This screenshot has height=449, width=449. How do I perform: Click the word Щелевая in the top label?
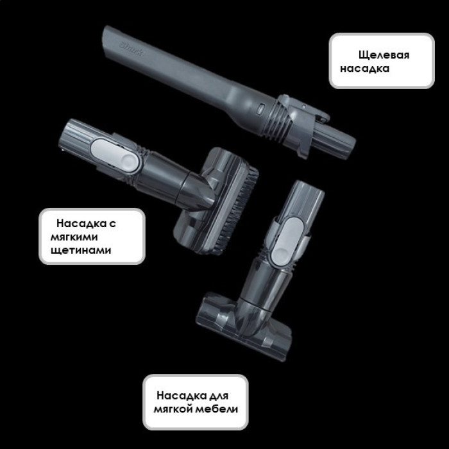(384, 55)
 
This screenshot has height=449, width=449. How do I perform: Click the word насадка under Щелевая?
(364, 69)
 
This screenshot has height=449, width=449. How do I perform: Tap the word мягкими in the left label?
(74, 237)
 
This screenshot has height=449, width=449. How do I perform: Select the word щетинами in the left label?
(81, 250)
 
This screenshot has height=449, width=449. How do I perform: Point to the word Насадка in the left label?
(81, 223)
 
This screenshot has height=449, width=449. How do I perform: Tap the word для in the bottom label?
(219, 396)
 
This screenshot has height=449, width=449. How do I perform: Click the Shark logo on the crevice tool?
(131, 49)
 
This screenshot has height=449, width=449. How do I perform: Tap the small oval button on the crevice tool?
(261, 109)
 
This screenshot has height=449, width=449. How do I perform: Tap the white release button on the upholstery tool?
(286, 241)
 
